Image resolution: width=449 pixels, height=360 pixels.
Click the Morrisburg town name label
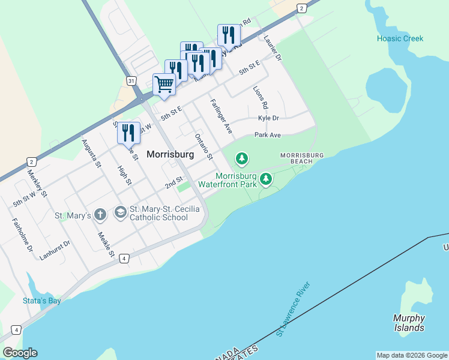[x=170, y=154]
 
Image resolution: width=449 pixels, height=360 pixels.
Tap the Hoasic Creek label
[x=400, y=38]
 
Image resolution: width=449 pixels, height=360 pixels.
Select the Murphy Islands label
[x=409, y=323]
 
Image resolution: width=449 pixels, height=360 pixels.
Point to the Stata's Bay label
[x=41, y=301]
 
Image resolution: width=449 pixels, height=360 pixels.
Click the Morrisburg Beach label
[x=302, y=158]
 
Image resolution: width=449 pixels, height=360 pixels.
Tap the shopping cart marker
[x=164, y=84]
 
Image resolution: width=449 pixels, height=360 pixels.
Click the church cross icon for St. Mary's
[x=100, y=214]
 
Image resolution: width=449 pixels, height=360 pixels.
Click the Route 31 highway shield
[x=131, y=80]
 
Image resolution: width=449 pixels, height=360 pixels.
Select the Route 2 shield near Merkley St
[x=31, y=162]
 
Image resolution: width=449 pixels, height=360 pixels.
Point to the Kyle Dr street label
[x=268, y=119]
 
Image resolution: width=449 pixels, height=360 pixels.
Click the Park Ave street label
[x=267, y=135]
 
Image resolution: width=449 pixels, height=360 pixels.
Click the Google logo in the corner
[x=20, y=353]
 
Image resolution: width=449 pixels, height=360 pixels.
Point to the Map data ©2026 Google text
[x=412, y=355]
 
